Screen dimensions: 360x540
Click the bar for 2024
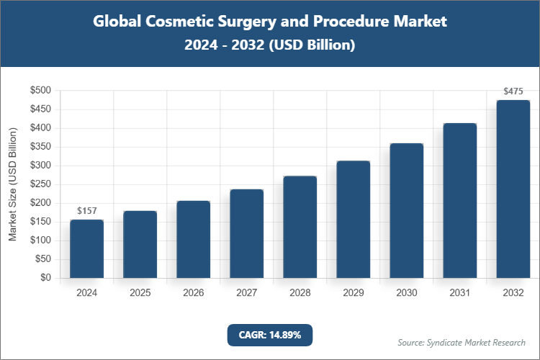pos(86,248)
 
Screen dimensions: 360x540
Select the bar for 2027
pos(246,233)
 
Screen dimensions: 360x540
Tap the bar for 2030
pos(406,210)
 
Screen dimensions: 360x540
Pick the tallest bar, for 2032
pos(513,189)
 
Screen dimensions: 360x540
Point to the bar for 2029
pos(353,219)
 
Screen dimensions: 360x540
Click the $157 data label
pos(86,211)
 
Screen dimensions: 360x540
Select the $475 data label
pos(513,91)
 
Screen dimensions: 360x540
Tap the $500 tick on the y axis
pos(40,91)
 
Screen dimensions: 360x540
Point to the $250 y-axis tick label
pos(40,184)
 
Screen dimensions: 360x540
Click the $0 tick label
pos(45,278)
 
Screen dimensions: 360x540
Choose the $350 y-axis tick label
pos(40,147)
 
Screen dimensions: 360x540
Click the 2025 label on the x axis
pos(140,293)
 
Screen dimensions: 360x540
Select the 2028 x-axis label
pos(300,293)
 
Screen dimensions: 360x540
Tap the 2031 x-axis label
pos(459,293)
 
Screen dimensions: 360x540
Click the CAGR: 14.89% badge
pos(270,335)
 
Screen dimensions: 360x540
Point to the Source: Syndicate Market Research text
pos(462,342)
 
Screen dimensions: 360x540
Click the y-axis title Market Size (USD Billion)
pos(12,184)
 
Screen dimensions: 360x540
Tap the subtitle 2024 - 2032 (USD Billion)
pos(270,45)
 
